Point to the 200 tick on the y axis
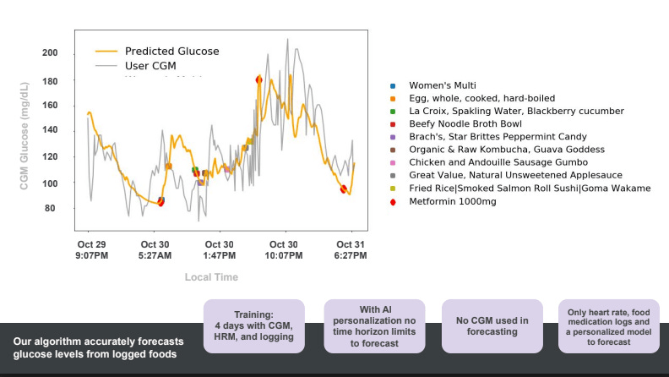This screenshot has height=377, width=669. click(50, 53)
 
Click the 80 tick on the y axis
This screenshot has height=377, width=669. click(52, 209)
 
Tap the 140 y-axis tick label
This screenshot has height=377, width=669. click(50, 131)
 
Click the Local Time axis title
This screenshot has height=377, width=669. click(211, 277)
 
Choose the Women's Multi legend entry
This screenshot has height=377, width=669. click(443, 85)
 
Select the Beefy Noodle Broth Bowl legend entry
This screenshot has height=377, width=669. click(465, 123)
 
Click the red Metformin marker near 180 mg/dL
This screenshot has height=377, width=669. click(258, 79)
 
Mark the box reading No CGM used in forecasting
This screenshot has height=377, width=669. click(492, 326)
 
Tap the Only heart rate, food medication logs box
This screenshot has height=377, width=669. click(609, 326)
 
